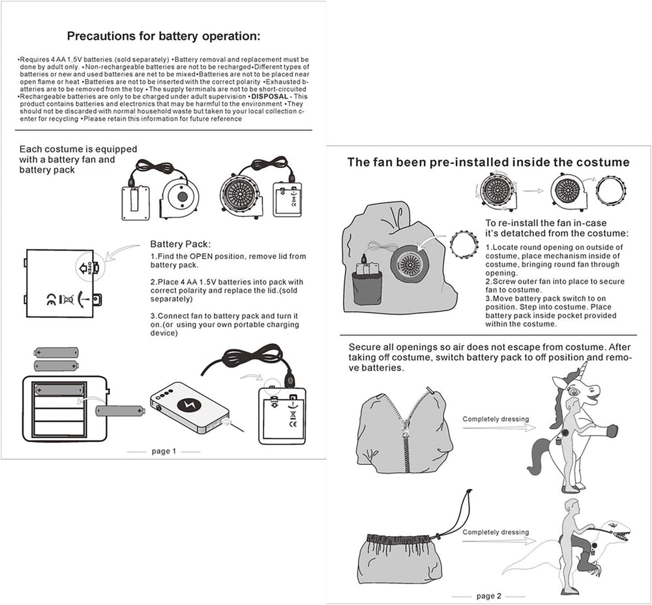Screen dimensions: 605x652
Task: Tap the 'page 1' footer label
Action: pos(163,451)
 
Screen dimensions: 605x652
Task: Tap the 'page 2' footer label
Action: pos(489,596)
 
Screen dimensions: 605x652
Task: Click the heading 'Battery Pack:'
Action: pos(175,244)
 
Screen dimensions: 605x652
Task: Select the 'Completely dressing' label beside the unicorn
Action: pos(496,419)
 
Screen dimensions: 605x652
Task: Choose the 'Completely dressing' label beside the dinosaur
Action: pos(496,532)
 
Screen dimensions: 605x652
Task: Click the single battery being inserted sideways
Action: pos(121,411)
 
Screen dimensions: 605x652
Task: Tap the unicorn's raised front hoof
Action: pos(612,430)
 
